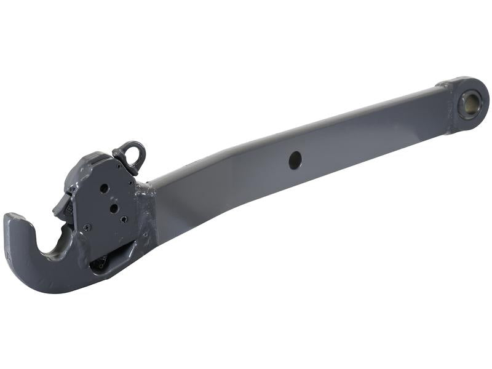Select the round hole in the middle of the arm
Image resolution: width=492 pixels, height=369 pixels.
coord(295,160)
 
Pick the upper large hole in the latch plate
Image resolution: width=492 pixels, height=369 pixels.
coord(105,188)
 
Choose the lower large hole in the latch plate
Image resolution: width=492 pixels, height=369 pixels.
coord(114,208)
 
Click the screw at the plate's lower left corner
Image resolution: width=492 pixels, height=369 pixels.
coord(87,228)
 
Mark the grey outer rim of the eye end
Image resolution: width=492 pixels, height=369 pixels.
coord(483,92)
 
